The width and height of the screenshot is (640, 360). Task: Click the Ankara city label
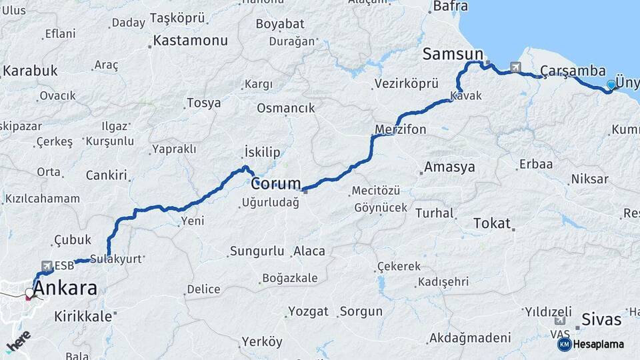point(65,288)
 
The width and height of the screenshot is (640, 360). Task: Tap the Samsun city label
point(452,54)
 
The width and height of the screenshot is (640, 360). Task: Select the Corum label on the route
point(276,183)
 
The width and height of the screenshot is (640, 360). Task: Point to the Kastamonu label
point(190,40)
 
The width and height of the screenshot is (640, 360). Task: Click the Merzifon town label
point(400,129)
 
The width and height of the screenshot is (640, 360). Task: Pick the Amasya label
point(450,167)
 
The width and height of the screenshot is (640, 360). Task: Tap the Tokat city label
point(491,223)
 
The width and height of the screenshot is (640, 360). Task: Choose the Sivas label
point(601,319)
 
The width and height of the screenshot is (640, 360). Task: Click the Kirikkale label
point(83,317)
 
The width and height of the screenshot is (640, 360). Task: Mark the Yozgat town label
point(308,311)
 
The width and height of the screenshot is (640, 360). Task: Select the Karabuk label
point(30,71)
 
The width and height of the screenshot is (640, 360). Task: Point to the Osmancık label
point(285,108)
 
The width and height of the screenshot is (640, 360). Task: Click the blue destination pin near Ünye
point(611,85)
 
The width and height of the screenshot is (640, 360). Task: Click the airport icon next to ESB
point(47,265)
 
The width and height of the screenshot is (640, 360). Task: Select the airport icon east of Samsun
point(515,67)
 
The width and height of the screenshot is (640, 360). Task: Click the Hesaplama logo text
point(598,345)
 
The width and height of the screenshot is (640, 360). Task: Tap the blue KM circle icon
point(564,344)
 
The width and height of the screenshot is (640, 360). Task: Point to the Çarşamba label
point(573,71)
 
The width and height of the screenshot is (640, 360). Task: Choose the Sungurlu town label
point(257,251)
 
